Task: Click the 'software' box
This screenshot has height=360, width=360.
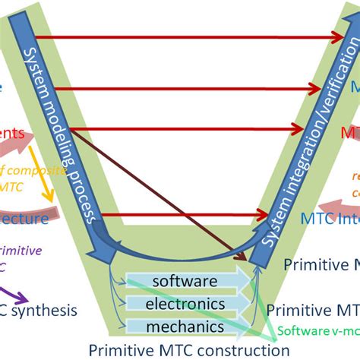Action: click(x=185, y=282)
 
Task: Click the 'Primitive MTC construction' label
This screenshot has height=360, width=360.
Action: click(x=189, y=350)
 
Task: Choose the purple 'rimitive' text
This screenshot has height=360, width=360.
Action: click(x=21, y=251)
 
